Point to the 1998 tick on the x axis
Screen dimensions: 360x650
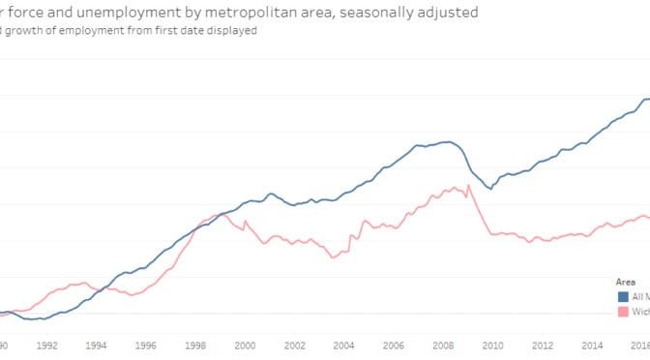pos(194,344)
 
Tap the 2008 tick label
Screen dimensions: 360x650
pos(444,344)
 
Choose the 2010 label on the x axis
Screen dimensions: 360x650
pos(493,344)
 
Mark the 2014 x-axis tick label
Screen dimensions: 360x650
pos(593,344)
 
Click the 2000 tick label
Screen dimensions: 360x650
pos(245,344)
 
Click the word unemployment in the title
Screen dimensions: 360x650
pos(119,13)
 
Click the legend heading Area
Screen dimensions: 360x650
pos(626,282)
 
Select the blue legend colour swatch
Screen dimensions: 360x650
pos(624,296)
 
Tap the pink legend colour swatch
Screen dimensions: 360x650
pos(624,312)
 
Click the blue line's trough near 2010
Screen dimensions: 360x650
pos(490,189)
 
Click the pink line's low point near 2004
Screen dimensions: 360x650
pos(333,256)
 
